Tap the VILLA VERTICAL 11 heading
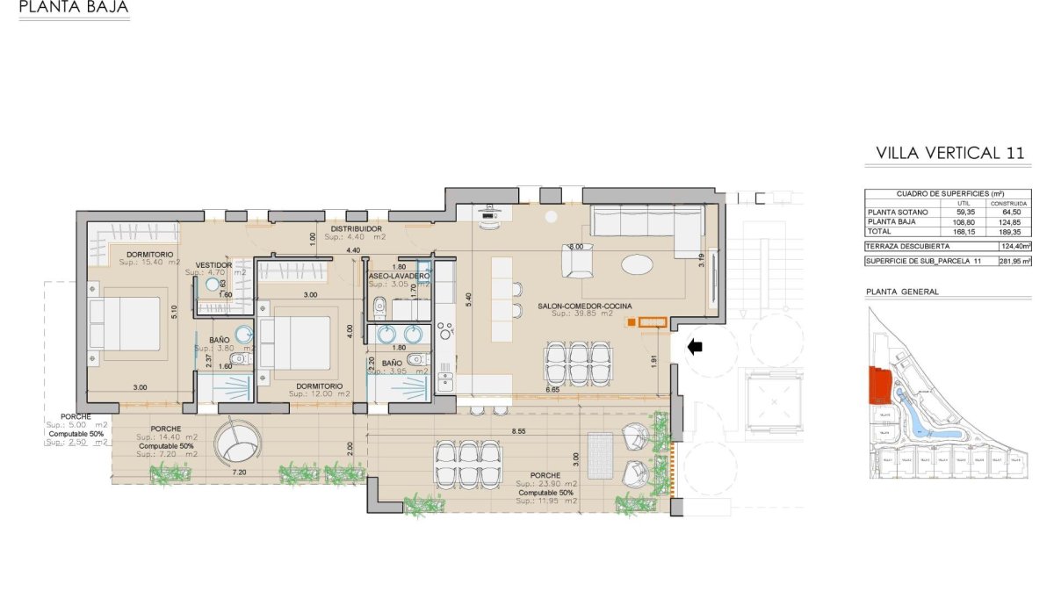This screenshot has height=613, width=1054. (x=949, y=153)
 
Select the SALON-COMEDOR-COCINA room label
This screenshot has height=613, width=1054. (x=585, y=306)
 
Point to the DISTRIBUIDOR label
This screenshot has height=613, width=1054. (x=356, y=228)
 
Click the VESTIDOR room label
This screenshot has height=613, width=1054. (x=213, y=264)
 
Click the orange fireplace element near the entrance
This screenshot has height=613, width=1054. (x=651, y=322)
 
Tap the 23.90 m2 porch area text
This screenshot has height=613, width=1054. (x=546, y=484)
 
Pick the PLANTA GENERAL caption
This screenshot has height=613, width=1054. (x=902, y=292)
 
